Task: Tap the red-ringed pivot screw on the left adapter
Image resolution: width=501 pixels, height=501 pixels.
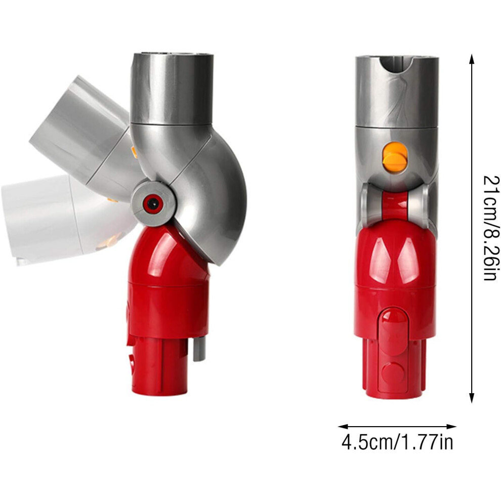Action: point(153,203)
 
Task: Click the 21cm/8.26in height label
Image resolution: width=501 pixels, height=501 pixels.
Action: point(490,228)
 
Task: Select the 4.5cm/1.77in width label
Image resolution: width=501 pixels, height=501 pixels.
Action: point(397,442)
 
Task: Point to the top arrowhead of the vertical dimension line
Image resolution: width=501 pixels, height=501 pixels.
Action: point(472,59)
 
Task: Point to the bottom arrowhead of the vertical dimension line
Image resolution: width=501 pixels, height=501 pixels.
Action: point(472,398)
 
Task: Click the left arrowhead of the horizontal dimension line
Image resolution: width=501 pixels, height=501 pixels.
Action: point(343,427)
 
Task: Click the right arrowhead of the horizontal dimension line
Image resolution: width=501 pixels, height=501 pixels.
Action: point(451,427)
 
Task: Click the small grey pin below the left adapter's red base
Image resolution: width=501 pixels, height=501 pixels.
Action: point(199,349)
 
